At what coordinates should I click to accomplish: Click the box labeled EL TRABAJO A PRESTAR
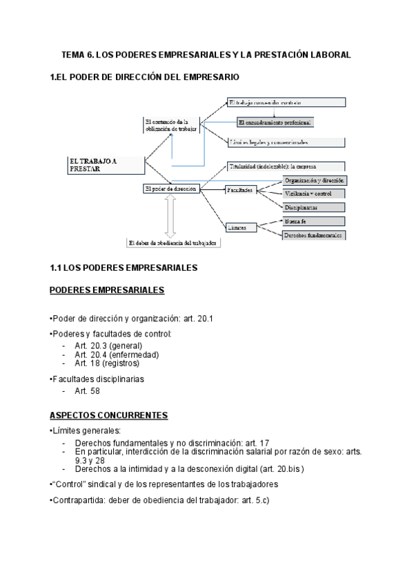(x=104, y=164)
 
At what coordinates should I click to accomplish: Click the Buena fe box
(x=313, y=221)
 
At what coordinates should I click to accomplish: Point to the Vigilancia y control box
(x=313, y=193)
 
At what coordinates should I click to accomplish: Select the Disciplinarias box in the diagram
(x=313, y=207)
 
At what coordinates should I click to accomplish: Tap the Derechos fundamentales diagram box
(x=313, y=235)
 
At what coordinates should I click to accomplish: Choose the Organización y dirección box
(x=313, y=180)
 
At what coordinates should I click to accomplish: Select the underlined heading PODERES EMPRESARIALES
(x=107, y=290)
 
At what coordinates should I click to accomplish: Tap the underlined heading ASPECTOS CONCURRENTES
(x=109, y=415)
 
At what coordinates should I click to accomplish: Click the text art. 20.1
(x=199, y=319)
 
